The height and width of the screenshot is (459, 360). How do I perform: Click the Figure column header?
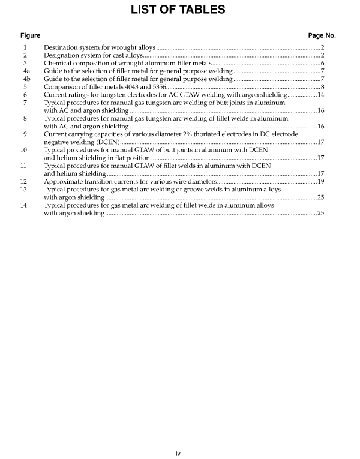(x=31, y=35)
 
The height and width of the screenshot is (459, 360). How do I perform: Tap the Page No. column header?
(x=322, y=35)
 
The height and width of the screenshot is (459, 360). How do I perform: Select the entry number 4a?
(x=25, y=71)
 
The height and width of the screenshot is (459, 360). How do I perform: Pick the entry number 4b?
(x=25, y=79)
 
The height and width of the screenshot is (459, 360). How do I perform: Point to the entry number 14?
(x=24, y=205)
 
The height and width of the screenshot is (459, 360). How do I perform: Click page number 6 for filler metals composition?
(x=322, y=63)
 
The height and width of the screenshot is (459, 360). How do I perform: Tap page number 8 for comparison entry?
(x=322, y=87)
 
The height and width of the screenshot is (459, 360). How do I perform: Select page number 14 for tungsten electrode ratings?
(x=321, y=95)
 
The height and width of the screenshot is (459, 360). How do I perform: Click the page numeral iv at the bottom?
(x=178, y=453)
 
